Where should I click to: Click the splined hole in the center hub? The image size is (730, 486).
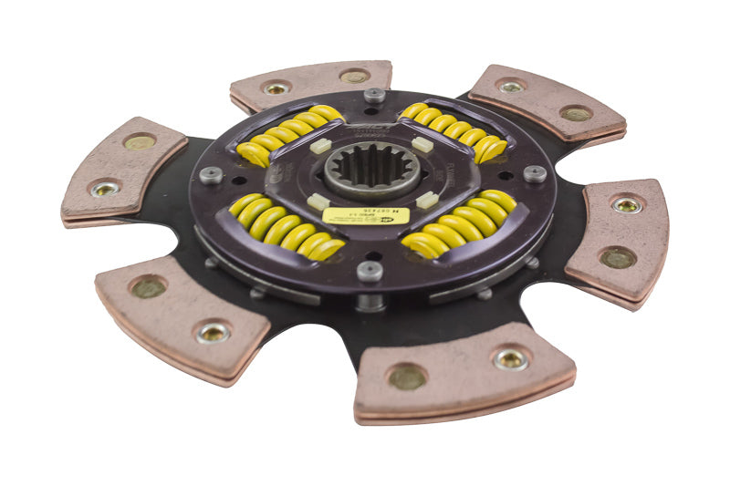point(373,171)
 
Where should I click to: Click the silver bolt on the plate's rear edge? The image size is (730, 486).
point(374,94)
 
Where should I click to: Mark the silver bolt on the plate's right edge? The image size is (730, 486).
point(535,173)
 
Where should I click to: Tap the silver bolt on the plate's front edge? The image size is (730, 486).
point(369,270)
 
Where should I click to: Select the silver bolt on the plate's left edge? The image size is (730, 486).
point(211,175)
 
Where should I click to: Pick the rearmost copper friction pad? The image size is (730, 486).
point(311,85)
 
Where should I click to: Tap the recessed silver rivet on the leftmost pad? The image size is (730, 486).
point(105,189)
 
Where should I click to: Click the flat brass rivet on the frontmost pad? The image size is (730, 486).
point(407,376)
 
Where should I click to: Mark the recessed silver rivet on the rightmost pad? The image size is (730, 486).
point(627,205)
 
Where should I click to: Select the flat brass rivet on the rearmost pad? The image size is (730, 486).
point(354,76)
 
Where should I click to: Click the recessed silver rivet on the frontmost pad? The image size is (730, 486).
point(510,359)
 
